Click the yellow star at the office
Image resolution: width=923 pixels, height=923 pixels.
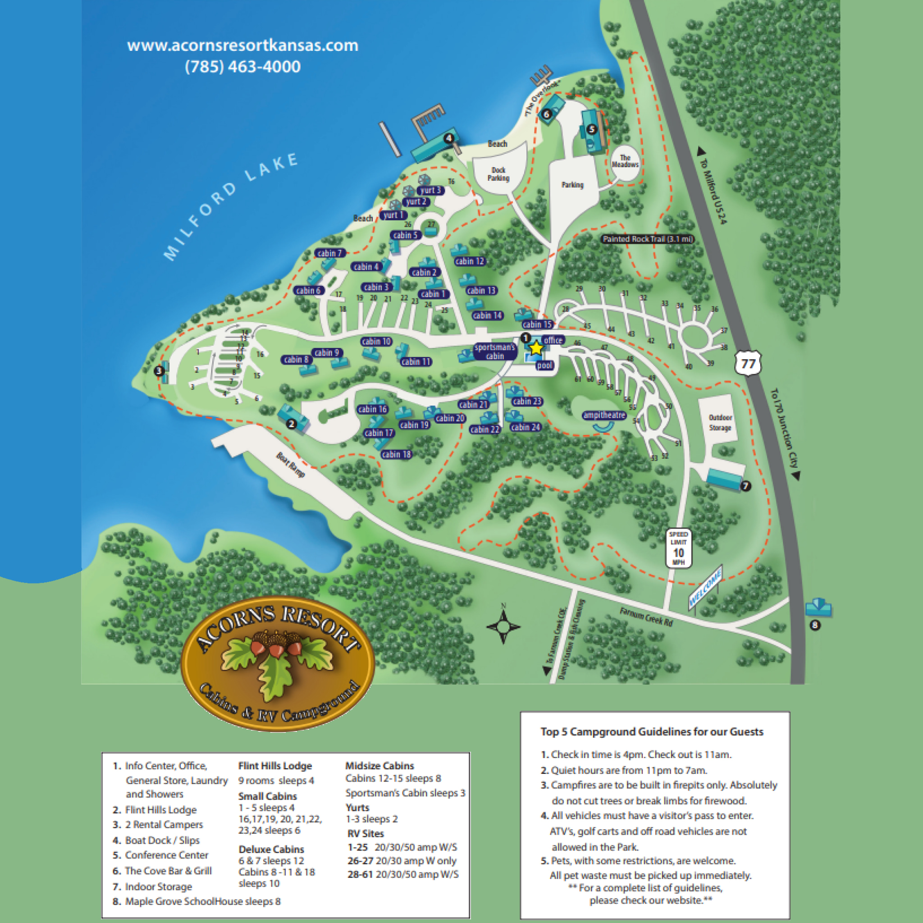(536, 348)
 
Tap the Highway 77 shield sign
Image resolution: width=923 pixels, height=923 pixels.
(748, 365)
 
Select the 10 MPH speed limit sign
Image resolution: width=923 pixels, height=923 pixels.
(678, 548)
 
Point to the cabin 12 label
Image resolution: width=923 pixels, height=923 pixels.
(469, 261)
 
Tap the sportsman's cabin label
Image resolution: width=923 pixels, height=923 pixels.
(495, 352)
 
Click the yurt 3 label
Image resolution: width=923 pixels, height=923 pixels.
(430, 190)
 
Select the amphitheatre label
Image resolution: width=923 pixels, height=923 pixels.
(604, 415)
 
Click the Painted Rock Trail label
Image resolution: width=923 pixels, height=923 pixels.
(647, 239)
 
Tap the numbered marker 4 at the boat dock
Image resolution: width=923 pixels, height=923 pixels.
(448, 138)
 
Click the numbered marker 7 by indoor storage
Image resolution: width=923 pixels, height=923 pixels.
(746, 486)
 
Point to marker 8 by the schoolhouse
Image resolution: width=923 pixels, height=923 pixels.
(815, 625)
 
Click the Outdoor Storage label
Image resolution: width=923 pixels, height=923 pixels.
(720, 422)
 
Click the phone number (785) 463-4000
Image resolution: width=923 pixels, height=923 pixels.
(243, 66)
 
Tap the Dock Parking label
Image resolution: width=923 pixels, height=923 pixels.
(498, 174)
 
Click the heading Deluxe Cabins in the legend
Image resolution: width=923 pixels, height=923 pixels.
(271, 849)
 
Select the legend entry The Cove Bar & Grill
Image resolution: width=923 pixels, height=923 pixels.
(168, 870)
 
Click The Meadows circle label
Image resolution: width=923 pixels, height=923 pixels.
(625, 161)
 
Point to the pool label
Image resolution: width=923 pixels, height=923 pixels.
(544, 366)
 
